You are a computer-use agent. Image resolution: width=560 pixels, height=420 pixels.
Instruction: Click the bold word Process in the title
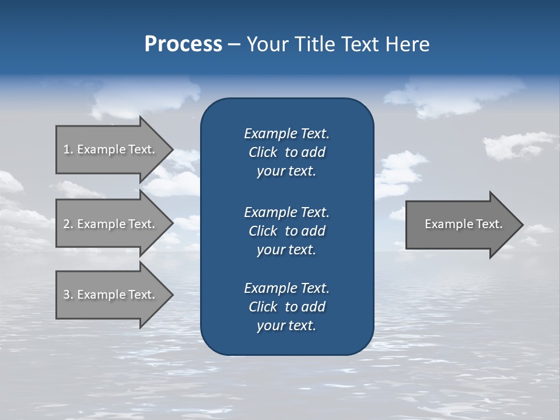(183, 44)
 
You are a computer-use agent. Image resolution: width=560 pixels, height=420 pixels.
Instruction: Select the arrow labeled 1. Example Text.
(111, 149)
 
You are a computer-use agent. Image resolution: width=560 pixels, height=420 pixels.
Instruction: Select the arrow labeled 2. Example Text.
(111, 224)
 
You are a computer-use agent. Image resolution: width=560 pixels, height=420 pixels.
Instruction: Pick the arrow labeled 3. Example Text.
(111, 295)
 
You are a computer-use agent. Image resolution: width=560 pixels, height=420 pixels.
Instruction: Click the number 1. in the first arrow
(68, 149)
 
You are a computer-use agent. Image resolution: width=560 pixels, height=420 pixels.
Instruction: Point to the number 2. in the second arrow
(68, 224)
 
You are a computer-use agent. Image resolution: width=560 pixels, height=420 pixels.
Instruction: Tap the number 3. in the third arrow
(68, 295)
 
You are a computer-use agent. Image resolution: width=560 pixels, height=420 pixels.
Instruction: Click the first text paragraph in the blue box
(286, 152)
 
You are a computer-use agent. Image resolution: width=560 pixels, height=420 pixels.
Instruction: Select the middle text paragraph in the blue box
(286, 230)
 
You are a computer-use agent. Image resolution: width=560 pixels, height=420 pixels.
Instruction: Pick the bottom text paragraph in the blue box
(286, 307)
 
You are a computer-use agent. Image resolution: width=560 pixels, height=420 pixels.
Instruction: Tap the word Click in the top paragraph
(262, 152)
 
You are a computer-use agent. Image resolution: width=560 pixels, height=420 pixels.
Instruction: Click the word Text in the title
(359, 44)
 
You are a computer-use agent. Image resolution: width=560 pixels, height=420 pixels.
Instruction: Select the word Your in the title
(266, 44)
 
